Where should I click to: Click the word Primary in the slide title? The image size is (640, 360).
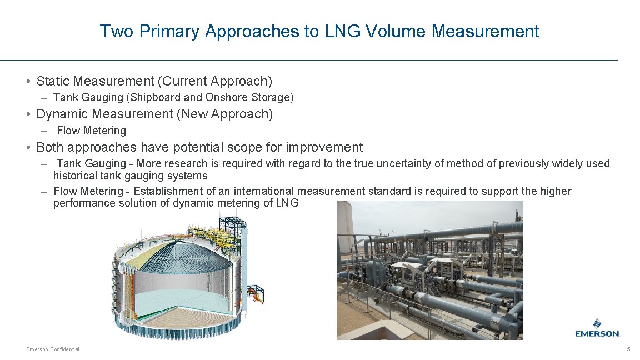(x=169, y=31)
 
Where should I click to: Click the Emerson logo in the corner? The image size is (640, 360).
(x=597, y=328)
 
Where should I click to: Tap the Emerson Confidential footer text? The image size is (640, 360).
(x=53, y=349)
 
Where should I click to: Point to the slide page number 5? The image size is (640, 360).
(x=628, y=349)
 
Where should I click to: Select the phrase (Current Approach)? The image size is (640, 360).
(x=215, y=82)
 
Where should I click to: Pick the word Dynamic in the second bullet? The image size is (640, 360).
(x=61, y=114)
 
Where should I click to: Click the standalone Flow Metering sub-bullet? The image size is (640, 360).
(x=92, y=131)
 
